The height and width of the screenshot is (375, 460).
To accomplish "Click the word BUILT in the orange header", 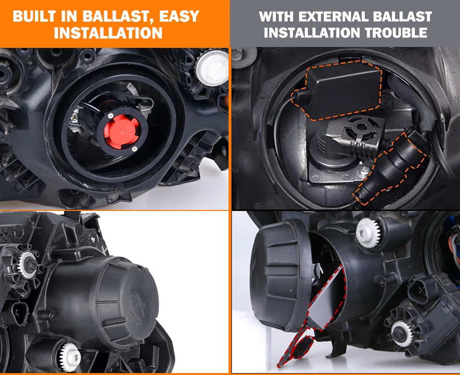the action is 34,16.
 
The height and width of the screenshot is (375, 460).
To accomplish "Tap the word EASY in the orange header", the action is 179,16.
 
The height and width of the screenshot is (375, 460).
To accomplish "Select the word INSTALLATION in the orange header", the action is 108,33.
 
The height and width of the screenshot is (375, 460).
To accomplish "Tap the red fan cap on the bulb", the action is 121,131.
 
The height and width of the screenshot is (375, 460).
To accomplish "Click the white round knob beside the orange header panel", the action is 212,67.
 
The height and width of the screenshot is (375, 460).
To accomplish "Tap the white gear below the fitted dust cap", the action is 69,357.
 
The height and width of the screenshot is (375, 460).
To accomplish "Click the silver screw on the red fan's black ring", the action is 134,149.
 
